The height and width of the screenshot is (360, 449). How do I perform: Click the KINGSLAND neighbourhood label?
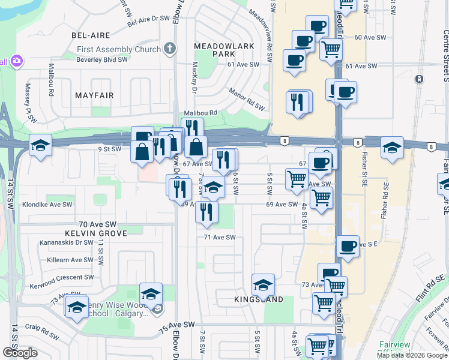click(258, 299)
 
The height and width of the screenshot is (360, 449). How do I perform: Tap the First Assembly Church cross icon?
click(170, 48)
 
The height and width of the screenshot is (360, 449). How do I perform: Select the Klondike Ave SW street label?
click(47, 205)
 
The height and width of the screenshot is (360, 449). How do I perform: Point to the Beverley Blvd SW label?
click(102, 59)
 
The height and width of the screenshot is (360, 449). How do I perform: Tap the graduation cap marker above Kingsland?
click(263, 285)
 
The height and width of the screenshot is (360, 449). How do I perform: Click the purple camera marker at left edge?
click(16, 61)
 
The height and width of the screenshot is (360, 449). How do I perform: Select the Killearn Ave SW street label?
click(70, 260)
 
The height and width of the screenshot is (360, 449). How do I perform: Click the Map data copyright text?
click(412, 355)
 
